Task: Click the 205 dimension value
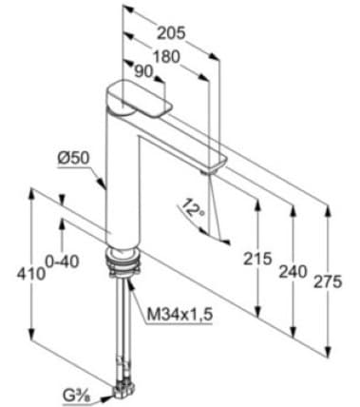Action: [171, 32]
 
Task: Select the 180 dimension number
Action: [166, 56]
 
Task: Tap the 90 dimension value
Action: [144, 71]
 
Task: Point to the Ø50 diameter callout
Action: [74, 158]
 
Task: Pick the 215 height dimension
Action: [257, 259]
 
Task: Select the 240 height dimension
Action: [293, 272]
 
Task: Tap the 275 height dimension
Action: [328, 281]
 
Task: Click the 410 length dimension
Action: [31, 274]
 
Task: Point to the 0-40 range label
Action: [62, 262]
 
